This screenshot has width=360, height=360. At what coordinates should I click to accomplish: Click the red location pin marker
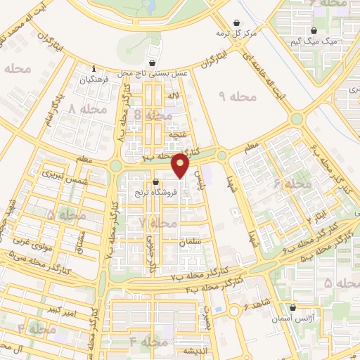click(x=181, y=166)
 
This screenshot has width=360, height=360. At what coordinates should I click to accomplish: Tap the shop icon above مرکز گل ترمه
click(x=235, y=22)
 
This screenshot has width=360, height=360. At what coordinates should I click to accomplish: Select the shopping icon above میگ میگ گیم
click(x=314, y=31)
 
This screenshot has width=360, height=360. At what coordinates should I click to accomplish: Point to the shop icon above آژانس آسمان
click(x=293, y=307)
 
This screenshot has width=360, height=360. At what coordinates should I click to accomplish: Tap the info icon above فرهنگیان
click(x=94, y=69)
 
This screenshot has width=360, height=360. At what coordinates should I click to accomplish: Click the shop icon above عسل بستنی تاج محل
click(x=152, y=63)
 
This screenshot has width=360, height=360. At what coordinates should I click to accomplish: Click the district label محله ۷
click(x=157, y=223)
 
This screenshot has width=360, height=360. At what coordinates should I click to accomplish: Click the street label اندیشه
click(x=194, y=350)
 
